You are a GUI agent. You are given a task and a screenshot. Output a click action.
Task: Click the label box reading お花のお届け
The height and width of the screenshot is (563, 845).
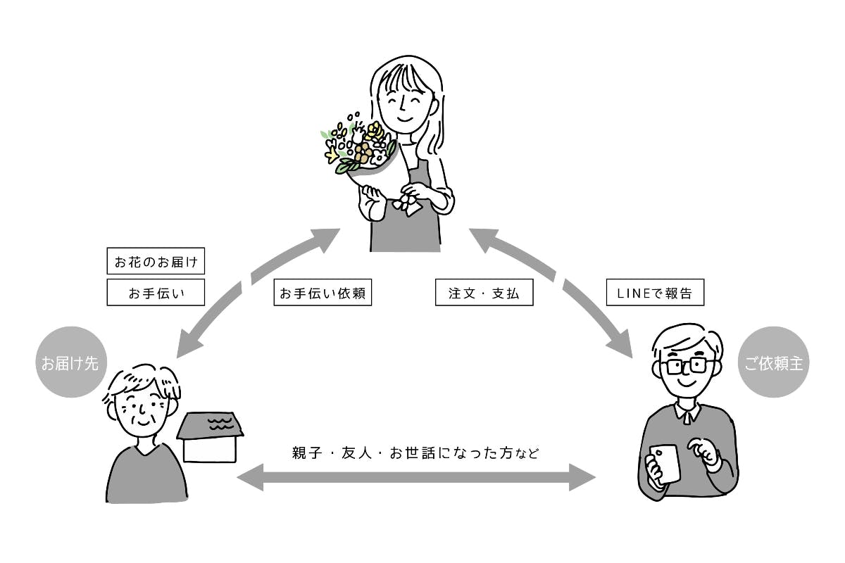tap(156, 262)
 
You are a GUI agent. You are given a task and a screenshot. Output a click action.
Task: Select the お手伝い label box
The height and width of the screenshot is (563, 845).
tap(156, 293)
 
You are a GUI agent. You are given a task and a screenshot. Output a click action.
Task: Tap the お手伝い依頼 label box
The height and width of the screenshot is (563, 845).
tap(322, 293)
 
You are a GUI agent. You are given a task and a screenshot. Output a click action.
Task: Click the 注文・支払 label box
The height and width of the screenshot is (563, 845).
tap(484, 293)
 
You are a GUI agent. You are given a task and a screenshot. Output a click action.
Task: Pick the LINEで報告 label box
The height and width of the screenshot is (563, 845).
tap(655, 293)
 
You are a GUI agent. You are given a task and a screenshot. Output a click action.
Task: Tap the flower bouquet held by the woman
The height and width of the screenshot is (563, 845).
tap(359, 148)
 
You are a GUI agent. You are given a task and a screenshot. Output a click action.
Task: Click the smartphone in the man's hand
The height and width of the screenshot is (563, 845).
tap(665, 462)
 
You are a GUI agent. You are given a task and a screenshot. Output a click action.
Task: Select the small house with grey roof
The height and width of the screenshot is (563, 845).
tap(209, 436)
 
